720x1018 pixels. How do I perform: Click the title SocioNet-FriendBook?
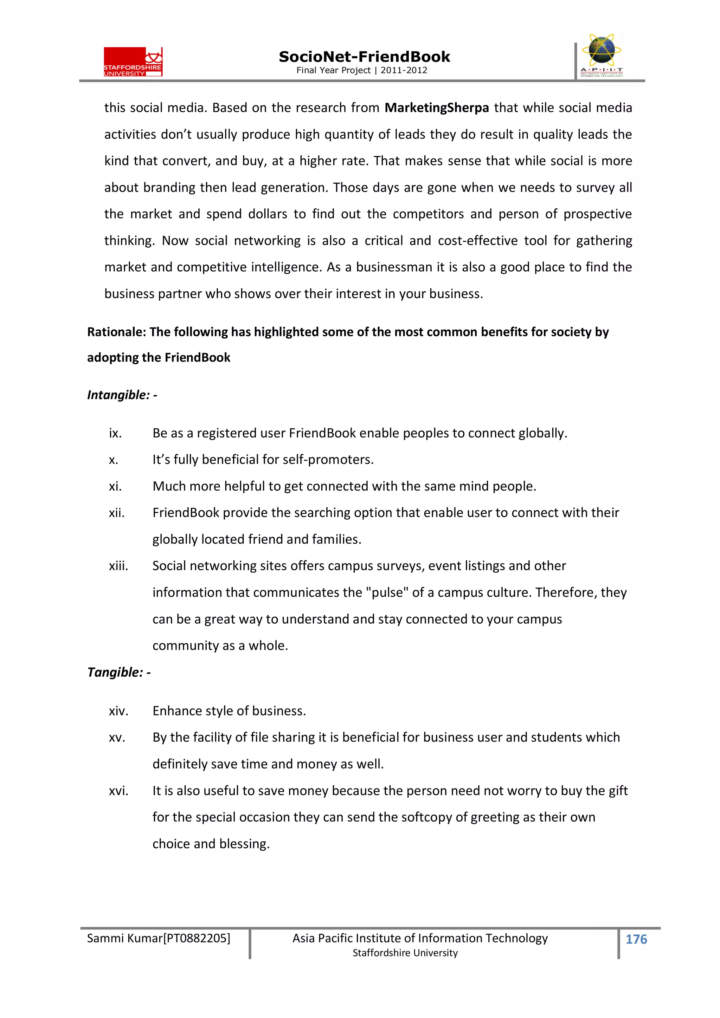(x=364, y=57)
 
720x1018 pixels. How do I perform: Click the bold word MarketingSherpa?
(x=437, y=108)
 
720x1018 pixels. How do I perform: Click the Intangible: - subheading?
(x=122, y=395)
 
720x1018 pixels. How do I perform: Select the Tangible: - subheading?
(x=119, y=672)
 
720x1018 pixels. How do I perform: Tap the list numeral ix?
(x=115, y=433)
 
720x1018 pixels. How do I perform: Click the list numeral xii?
(x=117, y=513)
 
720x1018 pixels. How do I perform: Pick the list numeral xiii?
(x=118, y=566)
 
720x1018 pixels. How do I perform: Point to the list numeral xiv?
(x=118, y=711)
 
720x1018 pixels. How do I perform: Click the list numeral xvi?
(x=118, y=791)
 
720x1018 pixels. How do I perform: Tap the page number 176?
(x=636, y=939)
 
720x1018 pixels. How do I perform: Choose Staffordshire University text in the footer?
(x=405, y=953)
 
